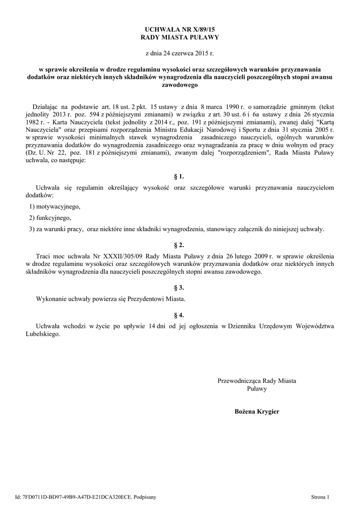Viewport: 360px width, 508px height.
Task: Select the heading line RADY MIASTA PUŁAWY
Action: [x=180, y=38]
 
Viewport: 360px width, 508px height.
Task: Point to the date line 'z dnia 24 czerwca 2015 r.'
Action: [x=180, y=53]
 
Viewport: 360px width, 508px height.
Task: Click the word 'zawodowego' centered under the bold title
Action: [x=180, y=85]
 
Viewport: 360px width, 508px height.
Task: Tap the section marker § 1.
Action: [x=180, y=176]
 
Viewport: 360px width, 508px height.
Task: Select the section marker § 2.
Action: [x=180, y=245]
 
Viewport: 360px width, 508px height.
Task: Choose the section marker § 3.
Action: [x=180, y=287]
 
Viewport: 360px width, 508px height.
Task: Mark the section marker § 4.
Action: [x=180, y=315]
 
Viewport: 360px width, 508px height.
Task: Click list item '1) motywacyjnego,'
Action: [x=55, y=206]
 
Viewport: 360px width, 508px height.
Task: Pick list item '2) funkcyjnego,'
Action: [x=50, y=218]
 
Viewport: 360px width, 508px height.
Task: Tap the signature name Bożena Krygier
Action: [x=257, y=411]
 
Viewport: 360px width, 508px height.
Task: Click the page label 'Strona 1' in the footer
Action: [x=320, y=496]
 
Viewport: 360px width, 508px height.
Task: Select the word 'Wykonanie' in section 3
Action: [x=52, y=299]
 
